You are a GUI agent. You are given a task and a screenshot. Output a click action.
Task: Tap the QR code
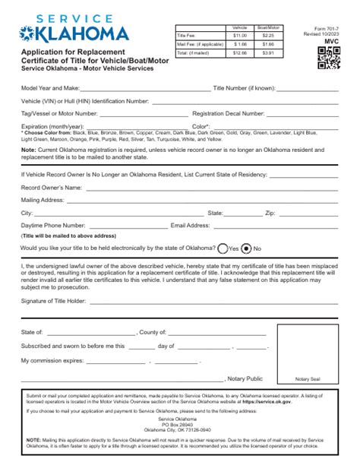[x=328, y=58]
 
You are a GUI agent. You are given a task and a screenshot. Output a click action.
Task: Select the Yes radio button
[x=223, y=248]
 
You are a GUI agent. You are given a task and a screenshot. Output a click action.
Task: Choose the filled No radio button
[x=247, y=248]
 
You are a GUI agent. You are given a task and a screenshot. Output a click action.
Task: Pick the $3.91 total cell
[x=268, y=52]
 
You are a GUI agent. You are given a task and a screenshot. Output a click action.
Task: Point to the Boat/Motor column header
[x=268, y=27]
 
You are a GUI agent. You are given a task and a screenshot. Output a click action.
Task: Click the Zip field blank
[x=310, y=214]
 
